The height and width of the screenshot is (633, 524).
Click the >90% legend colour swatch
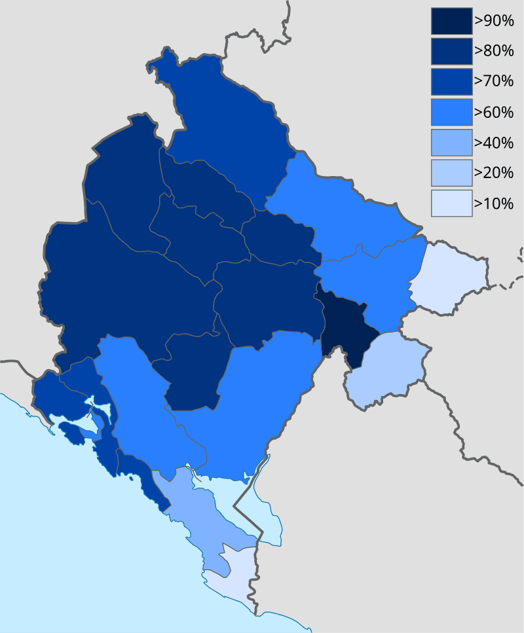[x=451, y=21]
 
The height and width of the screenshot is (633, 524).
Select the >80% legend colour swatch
[x=451, y=51]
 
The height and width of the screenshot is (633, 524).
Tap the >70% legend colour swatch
[x=451, y=82]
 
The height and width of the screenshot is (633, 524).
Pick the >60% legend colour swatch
[x=451, y=112]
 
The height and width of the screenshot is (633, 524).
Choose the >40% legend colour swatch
[x=451, y=142]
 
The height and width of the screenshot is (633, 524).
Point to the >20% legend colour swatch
[x=451, y=173]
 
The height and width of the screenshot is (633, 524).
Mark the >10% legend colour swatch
[x=451, y=203]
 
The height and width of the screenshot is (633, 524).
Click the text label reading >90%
[x=494, y=21]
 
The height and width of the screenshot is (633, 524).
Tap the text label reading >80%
[x=494, y=51]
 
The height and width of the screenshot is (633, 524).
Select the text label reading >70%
[x=494, y=82]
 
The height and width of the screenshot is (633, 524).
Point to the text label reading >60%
[x=494, y=112]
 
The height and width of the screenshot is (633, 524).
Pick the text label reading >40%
[x=494, y=142]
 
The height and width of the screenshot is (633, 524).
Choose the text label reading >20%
[x=494, y=173]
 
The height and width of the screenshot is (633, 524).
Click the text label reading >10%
[x=494, y=203]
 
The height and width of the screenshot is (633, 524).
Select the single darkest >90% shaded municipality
[x=344, y=327]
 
